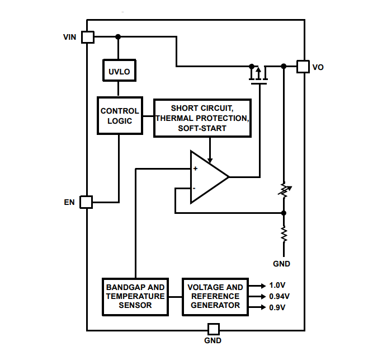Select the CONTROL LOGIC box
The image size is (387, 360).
[x=119, y=115]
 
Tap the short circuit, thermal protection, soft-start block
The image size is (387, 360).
[x=202, y=119]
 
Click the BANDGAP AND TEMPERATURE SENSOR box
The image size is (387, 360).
[x=136, y=296]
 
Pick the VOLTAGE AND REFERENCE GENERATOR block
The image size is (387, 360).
[x=215, y=296]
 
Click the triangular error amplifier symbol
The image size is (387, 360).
[x=207, y=177]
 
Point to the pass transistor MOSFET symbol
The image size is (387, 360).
[x=258, y=75]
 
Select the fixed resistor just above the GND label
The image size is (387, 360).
[x=284, y=233]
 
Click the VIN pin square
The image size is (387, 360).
[x=87, y=37]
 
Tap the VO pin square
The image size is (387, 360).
[x=303, y=67]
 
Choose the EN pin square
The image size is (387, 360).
[x=86, y=202]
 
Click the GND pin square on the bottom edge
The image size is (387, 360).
[x=213, y=329]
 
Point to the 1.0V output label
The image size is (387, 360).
[x=277, y=285]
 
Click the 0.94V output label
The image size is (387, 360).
[x=279, y=296]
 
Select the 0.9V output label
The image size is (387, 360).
[x=277, y=307]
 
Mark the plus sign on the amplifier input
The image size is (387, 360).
[x=195, y=168]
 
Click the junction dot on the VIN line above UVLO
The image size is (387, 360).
[x=117, y=37]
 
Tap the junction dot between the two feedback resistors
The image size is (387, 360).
[x=284, y=213]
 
